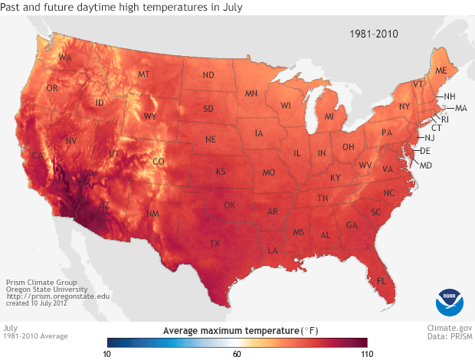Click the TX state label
(215, 244)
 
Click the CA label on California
(35, 157)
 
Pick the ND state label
(208, 75)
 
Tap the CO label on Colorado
(158, 162)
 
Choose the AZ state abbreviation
(104, 205)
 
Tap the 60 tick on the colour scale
(237, 354)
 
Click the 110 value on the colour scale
(366, 354)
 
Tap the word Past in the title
(13, 8)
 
